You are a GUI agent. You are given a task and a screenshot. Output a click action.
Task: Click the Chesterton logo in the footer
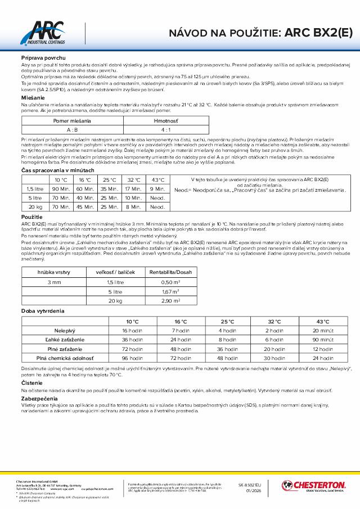[x=313, y=485]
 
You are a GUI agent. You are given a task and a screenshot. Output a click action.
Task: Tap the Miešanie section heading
[x=33, y=97]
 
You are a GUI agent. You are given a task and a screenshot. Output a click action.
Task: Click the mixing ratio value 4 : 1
[x=157, y=129]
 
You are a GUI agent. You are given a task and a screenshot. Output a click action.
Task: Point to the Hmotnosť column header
[x=157, y=120]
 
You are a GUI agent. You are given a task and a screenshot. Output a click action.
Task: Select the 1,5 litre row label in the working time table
[x=35, y=189]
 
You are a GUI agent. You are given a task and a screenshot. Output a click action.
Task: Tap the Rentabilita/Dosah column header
[x=174, y=272]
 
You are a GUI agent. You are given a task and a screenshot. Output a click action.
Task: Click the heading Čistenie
[x=31, y=382]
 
